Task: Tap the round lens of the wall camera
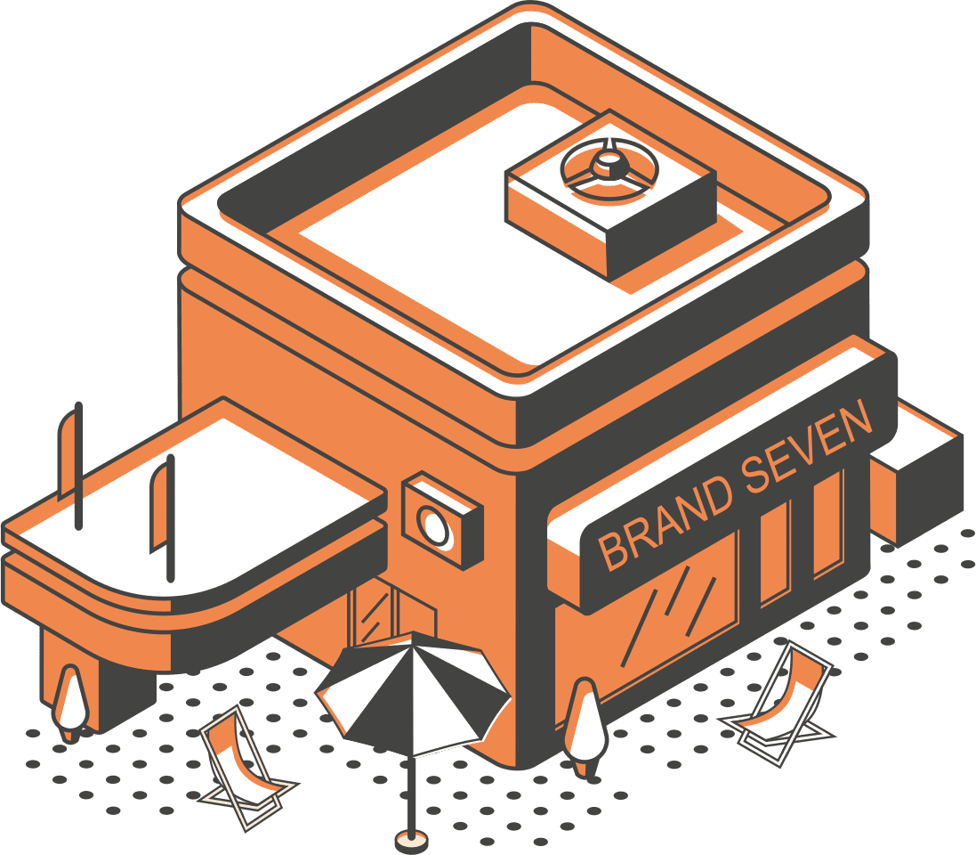click(435, 526)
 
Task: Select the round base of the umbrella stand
click(410, 840)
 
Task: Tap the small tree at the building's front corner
click(585, 721)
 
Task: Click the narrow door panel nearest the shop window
click(774, 551)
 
